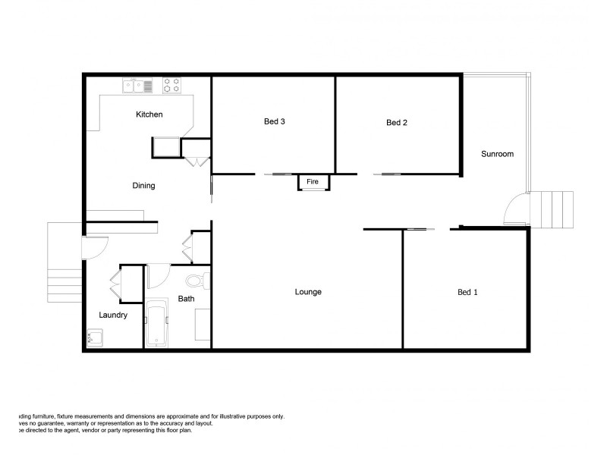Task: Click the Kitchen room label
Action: [x=149, y=115]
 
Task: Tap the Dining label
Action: [x=143, y=186]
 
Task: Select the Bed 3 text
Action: [x=274, y=121]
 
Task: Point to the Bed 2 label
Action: [x=398, y=123]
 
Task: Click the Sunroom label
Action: [x=498, y=154]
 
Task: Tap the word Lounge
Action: [x=308, y=292]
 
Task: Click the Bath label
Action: [x=186, y=299]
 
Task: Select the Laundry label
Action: [x=113, y=315]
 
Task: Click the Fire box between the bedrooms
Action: [x=313, y=182]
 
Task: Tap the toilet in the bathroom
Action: [x=197, y=281]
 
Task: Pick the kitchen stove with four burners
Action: [x=171, y=84]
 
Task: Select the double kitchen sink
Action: [x=138, y=84]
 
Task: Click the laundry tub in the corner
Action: [x=95, y=337]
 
